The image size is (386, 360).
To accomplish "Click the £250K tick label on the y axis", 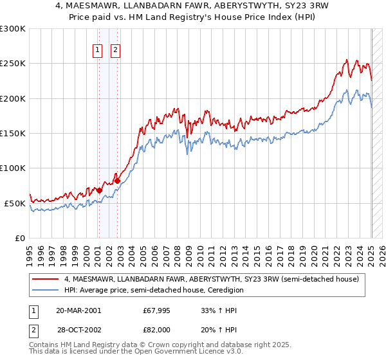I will [x=12, y=64].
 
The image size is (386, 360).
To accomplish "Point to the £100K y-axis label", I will [x=12, y=168].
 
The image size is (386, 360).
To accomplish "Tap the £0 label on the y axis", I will [x=19, y=238].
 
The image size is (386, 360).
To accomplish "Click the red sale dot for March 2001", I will [x=100, y=191].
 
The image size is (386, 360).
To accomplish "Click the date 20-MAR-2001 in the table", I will [x=78, y=310].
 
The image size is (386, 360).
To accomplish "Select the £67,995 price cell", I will [x=158, y=310].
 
